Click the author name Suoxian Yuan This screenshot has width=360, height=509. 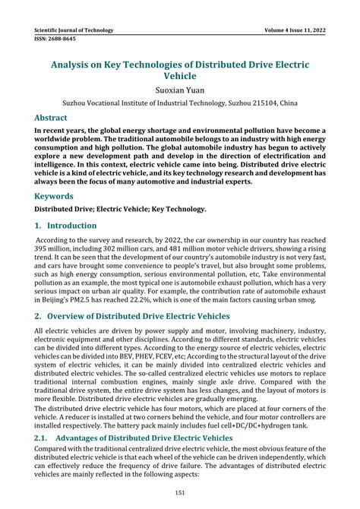pos(180,90)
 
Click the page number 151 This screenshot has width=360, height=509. pos(180,494)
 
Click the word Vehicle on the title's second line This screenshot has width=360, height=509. pos(180,76)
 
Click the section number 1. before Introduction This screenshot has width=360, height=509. pos(39,226)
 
